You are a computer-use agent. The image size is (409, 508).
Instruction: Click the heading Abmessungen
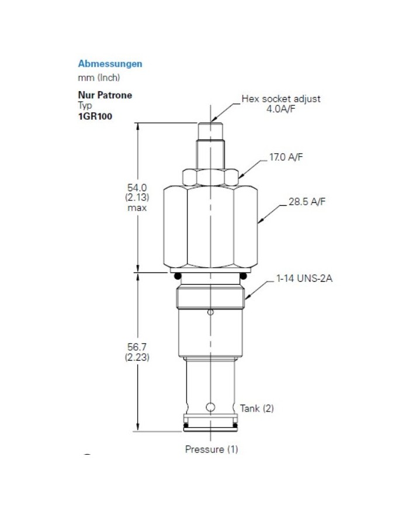pyautogui.click(x=110, y=64)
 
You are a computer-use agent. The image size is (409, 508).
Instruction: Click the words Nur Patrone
pyautogui.click(x=105, y=95)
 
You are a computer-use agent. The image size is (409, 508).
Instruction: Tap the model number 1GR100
pyautogui.click(x=95, y=116)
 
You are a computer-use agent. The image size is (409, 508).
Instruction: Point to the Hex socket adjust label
pyautogui.click(x=281, y=99)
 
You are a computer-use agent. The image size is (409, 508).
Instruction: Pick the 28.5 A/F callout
pyautogui.click(x=307, y=202)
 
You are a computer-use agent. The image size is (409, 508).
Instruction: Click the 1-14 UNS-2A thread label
pyautogui.click(x=304, y=279)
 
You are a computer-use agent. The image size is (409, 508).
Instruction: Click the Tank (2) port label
pyautogui.click(x=257, y=408)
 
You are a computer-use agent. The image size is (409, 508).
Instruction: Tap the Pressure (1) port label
pyautogui.click(x=212, y=449)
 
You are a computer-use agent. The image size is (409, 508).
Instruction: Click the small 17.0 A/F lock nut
pyautogui.click(x=210, y=176)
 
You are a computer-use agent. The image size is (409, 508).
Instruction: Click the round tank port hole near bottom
pyautogui.click(x=210, y=405)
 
